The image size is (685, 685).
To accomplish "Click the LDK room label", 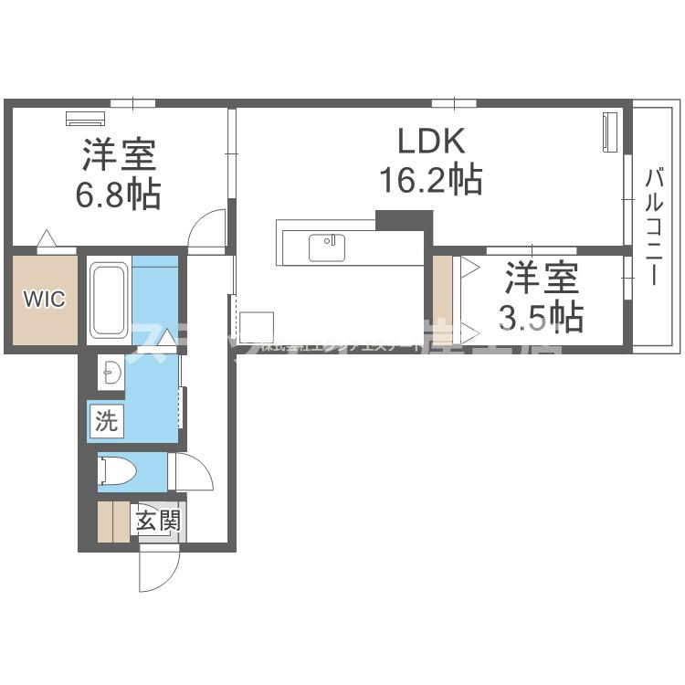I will point(432,142).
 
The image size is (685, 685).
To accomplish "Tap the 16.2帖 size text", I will point(431,180).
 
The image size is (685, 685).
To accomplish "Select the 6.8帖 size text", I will point(121,194).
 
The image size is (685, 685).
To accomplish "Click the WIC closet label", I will point(44,300).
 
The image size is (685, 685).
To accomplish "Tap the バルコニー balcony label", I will point(652,227).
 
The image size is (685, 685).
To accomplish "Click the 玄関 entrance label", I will point(158,522).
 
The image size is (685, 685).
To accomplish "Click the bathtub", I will point(109,299).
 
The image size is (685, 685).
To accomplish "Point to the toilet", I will point(118,472).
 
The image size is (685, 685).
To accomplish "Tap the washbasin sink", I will point(111,373).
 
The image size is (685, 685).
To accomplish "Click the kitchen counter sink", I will point(325,248).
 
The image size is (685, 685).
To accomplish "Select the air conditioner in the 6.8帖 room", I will point(86,119).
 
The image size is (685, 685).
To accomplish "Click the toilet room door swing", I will point(193,472).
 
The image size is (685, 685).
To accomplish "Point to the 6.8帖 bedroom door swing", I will point(207,230).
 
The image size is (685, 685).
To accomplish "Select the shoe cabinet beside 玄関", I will point(114,522).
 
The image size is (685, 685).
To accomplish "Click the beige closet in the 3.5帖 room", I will point(443,300).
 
